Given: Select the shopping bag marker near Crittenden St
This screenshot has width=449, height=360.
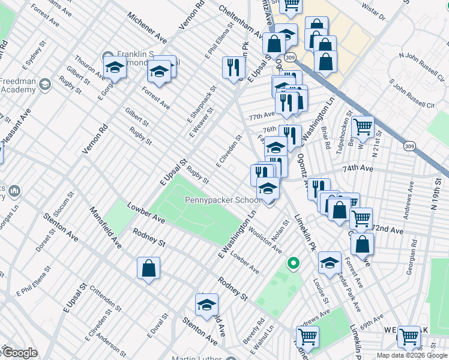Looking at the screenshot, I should (x=148, y=269).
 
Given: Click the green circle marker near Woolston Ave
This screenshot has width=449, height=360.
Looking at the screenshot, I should (x=294, y=263).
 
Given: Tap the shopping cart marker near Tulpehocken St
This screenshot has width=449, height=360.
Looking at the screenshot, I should (x=363, y=127).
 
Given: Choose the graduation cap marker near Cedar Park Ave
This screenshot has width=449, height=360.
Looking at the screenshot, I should (x=329, y=262).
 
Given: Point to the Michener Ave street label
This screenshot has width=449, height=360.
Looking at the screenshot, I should (x=146, y=28).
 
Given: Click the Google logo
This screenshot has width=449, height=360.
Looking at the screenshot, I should (x=20, y=353).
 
